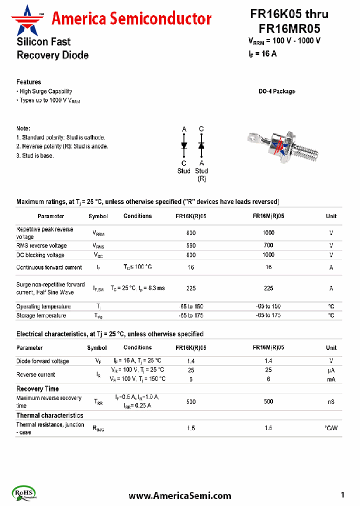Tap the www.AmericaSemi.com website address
click(180, 495)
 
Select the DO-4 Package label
click(276, 91)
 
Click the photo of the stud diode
click(283, 146)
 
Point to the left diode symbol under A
click(184, 145)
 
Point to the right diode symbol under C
click(201, 145)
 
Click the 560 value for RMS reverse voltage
click(191, 245)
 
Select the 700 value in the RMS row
click(268, 245)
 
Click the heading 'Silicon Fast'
click(43, 42)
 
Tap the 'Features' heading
click(28, 82)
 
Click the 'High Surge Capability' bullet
click(45, 91)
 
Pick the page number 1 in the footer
click(342, 495)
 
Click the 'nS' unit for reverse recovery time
click(331, 402)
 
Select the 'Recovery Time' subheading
click(37, 388)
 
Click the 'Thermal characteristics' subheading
click(49, 415)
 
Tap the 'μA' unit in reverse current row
click(331, 370)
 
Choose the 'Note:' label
click(23, 128)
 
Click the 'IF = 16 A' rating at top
click(262, 54)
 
